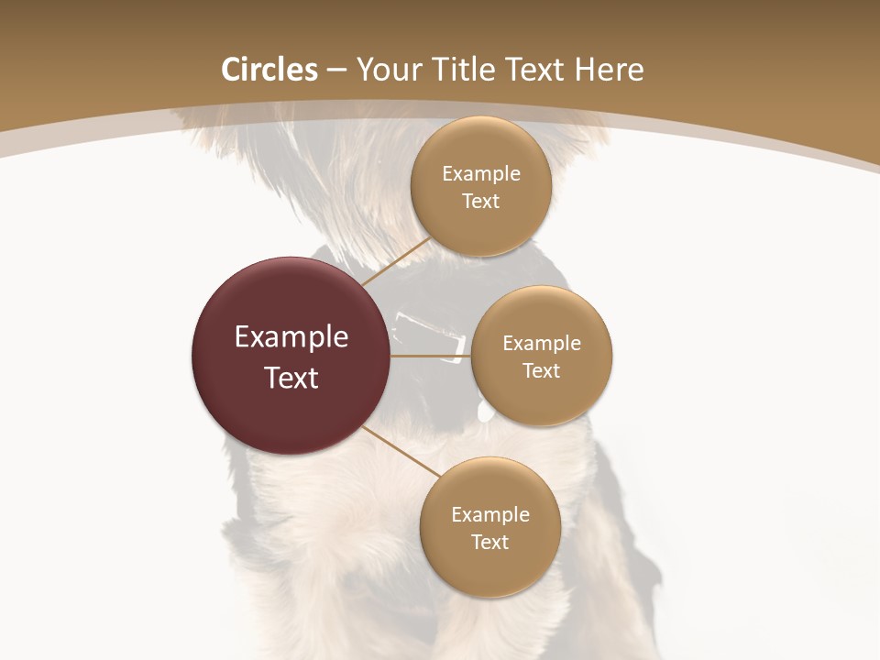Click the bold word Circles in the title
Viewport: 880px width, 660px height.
click(269, 70)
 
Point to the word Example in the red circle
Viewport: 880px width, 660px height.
click(291, 337)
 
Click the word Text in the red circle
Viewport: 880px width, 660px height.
click(291, 378)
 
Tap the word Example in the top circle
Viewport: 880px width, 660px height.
click(481, 174)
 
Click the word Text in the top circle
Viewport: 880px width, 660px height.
click(481, 201)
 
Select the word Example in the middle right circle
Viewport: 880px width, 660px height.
click(542, 344)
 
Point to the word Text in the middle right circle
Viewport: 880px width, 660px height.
click(542, 370)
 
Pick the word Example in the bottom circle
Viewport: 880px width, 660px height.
click(489, 514)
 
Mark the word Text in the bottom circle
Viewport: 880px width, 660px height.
click(489, 542)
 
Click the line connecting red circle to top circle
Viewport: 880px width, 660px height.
click(396, 262)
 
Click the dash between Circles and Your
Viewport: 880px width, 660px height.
click(335, 71)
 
